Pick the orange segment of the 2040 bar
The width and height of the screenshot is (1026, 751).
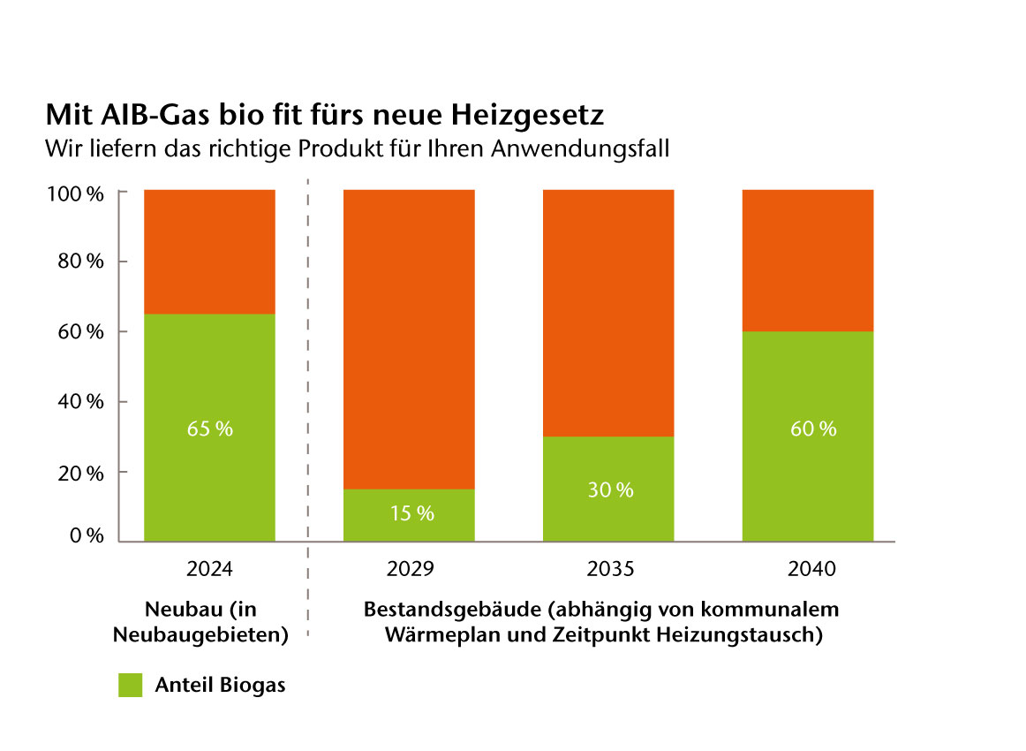(x=808, y=261)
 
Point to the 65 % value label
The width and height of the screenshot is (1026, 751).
(x=210, y=429)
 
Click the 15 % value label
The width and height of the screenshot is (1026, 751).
(x=411, y=512)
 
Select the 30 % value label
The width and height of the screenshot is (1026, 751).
(x=611, y=489)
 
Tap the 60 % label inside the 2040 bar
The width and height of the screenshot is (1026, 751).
(x=813, y=429)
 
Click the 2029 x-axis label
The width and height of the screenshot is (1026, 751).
(x=411, y=569)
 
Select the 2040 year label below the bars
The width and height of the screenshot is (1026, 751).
(x=811, y=569)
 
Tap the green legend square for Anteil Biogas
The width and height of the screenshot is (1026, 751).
(x=130, y=685)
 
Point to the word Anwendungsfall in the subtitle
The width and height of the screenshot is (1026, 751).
(x=584, y=148)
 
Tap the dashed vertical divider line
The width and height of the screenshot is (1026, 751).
(x=307, y=398)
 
